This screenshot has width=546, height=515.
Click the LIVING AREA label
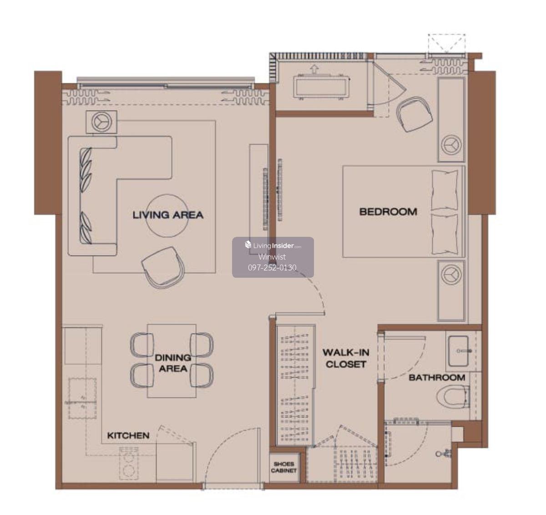pos(168,215)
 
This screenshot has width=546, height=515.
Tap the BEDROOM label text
pos(388,212)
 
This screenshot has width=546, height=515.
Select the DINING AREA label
pos(173,363)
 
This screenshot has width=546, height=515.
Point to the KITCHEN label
pos(128,435)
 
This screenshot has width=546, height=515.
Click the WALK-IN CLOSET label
pos(346,359)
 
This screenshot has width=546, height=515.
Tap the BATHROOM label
pos(437,378)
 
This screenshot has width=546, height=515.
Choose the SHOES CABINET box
pos(284,467)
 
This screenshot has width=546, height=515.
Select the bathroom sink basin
pos(458,351)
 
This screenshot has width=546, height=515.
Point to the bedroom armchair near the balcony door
pos(415,114)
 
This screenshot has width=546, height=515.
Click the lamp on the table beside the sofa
pos(101,122)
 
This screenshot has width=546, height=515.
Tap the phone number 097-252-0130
pos(272,268)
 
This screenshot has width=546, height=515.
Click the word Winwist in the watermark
pos(272,257)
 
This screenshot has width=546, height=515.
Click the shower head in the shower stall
pos(443,454)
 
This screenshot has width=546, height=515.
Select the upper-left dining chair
pos(142,345)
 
